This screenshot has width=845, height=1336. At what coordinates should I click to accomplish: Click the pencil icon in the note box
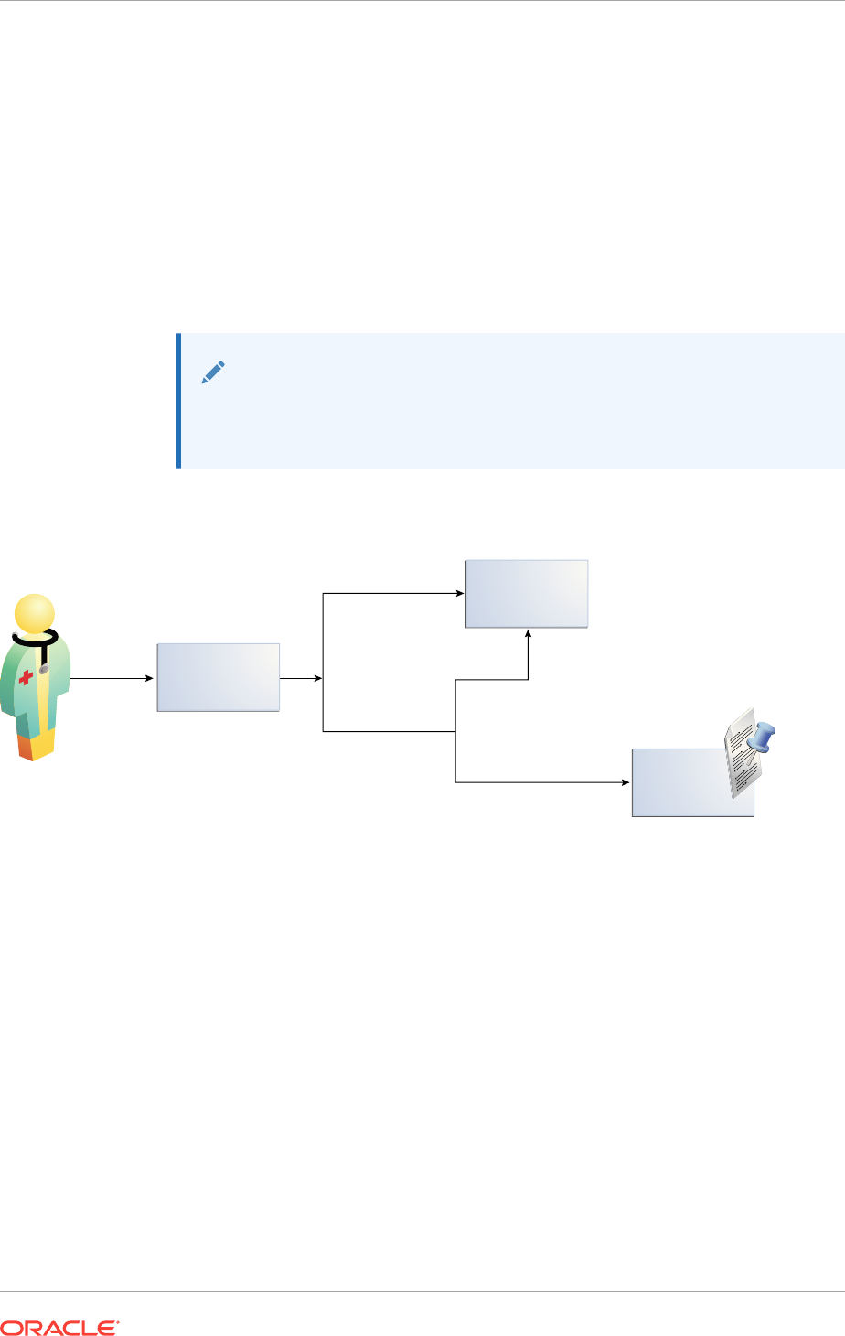click(x=212, y=372)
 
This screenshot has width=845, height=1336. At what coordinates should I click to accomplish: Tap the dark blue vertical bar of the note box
click(x=178, y=401)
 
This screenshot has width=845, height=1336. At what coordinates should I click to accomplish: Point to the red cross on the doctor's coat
click(x=26, y=677)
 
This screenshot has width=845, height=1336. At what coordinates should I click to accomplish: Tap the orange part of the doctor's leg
click(x=25, y=747)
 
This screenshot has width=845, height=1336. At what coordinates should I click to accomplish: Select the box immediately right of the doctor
click(x=219, y=677)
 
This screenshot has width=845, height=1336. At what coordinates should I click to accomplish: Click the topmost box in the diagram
click(x=527, y=593)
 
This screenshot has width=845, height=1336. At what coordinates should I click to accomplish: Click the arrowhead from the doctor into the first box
click(x=151, y=679)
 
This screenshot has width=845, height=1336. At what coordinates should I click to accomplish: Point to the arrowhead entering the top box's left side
click(x=460, y=593)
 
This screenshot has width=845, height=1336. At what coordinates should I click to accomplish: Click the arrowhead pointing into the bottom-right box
click(x=626, y=782)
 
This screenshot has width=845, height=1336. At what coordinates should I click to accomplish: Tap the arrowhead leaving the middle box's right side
click(x=317, y=679)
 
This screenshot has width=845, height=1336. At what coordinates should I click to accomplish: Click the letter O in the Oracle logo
click(x=10, y=1328)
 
